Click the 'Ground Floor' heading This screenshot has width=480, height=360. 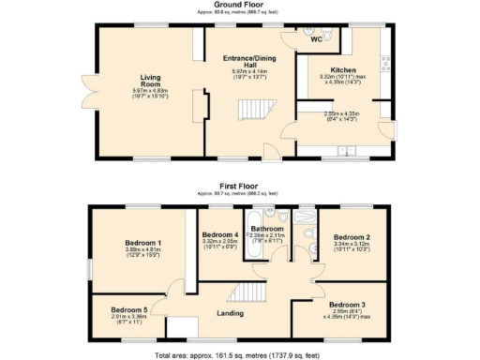pyautogui.click(x=239, y=6)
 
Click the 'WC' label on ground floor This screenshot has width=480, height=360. pyautogui.click(x=317, y=40)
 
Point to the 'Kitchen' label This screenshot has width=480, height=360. pyautogui.click(x=343, y=68)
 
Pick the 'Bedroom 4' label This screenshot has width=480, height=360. pyautogui.click(x=221, y=233)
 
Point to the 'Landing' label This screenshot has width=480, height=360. pyautogui.click(x=230, y=313)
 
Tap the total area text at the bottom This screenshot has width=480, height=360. pyautogui.click(x=239, y=355)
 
